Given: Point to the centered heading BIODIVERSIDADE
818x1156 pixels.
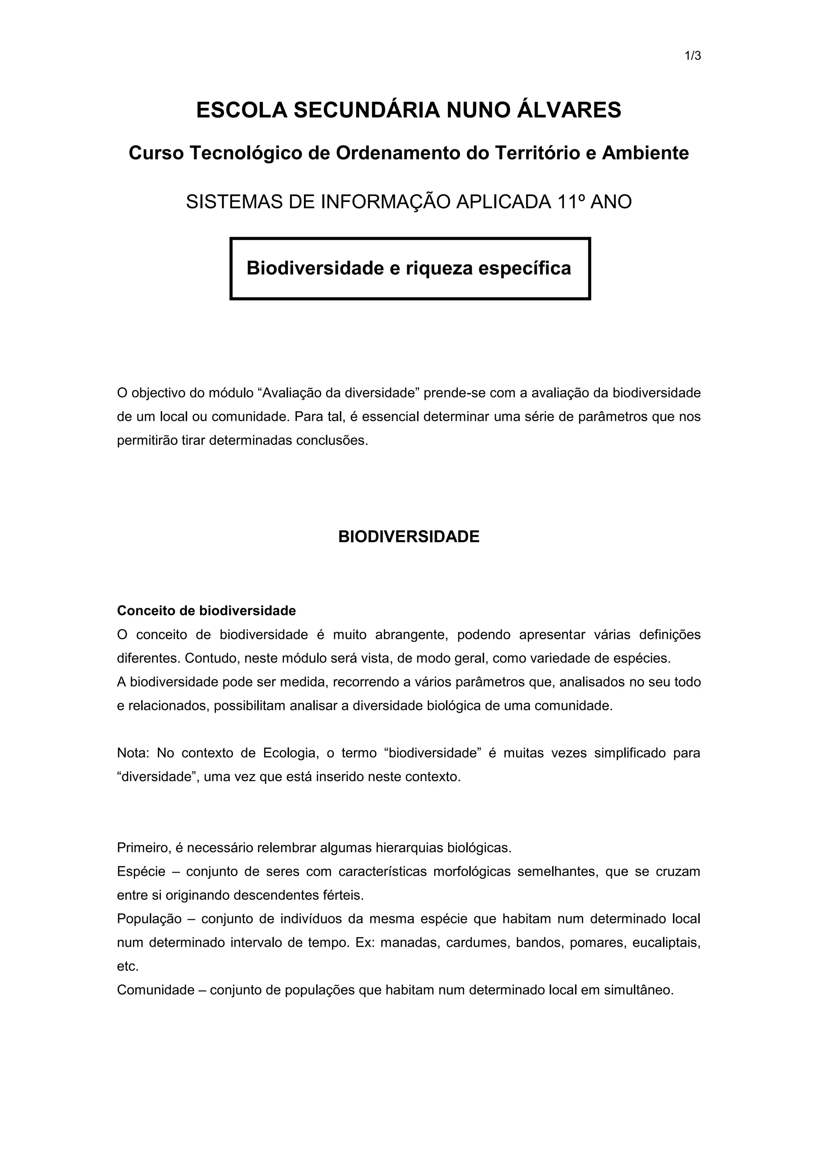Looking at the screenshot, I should click(409, 537).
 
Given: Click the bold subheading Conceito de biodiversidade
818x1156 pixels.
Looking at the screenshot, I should click(206, 611).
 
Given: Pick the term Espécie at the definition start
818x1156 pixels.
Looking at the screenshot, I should click(141, 871).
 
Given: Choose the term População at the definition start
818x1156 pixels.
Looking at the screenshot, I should click(149, 919).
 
